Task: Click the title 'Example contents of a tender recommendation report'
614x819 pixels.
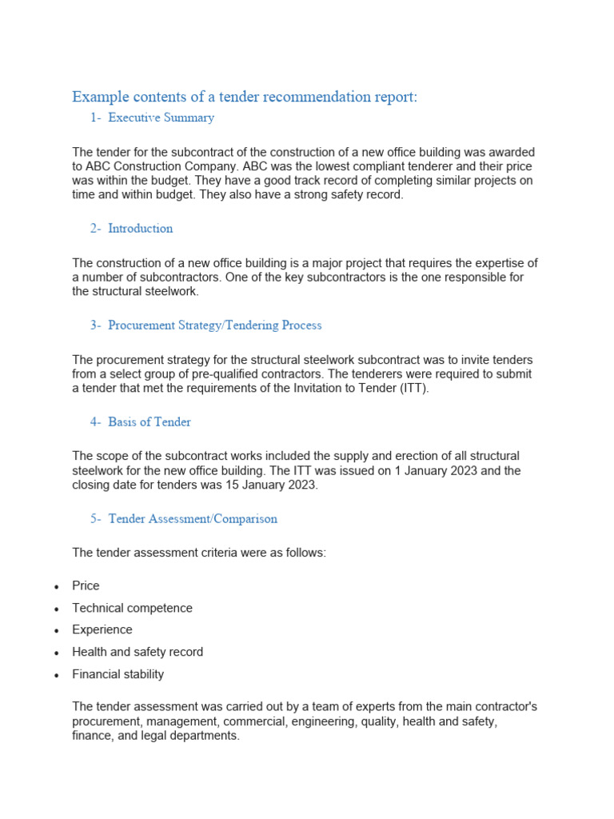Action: [245, 97]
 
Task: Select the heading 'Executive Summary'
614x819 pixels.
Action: [161, 118]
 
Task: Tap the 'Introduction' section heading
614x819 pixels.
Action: [140, 229]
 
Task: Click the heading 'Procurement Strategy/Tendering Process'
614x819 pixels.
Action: [214, 326]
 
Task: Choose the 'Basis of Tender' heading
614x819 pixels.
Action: [150, 422]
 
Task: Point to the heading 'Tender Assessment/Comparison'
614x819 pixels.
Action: [192, 519]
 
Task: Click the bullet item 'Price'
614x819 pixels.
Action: [86, 585]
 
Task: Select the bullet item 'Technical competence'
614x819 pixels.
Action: [132, 608]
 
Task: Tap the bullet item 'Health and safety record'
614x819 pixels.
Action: [138, 652]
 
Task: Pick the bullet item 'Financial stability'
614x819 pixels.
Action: [118, 674]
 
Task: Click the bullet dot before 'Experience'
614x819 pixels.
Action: [56, 631]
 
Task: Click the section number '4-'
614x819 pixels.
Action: [96, 422]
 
